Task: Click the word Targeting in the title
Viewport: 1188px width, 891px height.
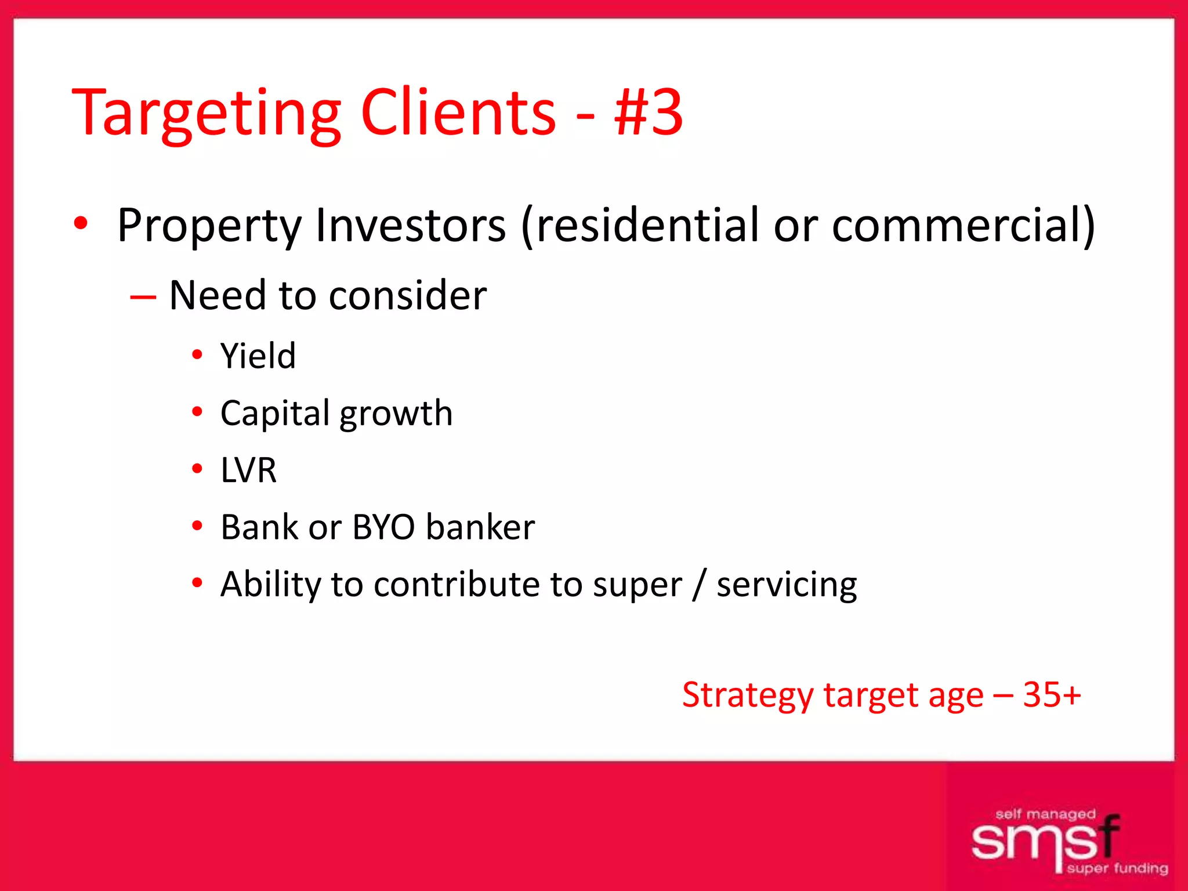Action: click(206, 114)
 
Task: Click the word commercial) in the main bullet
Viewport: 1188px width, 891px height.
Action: click(964, 225)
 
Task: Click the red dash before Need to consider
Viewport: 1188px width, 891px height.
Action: click(143, 297)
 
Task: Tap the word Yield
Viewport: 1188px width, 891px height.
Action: click(258, 356)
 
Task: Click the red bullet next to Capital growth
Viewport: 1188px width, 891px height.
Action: click(197, 412)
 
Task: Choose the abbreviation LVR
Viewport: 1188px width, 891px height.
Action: click(248, 470)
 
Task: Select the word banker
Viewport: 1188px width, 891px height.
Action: click(480, 527)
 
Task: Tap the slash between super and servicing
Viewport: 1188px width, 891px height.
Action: click(700, 584)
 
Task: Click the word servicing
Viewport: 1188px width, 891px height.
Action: click(787, 585)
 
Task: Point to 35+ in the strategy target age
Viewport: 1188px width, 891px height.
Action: click(1052, 694)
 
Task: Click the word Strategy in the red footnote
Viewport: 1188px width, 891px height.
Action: click(748, 696)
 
